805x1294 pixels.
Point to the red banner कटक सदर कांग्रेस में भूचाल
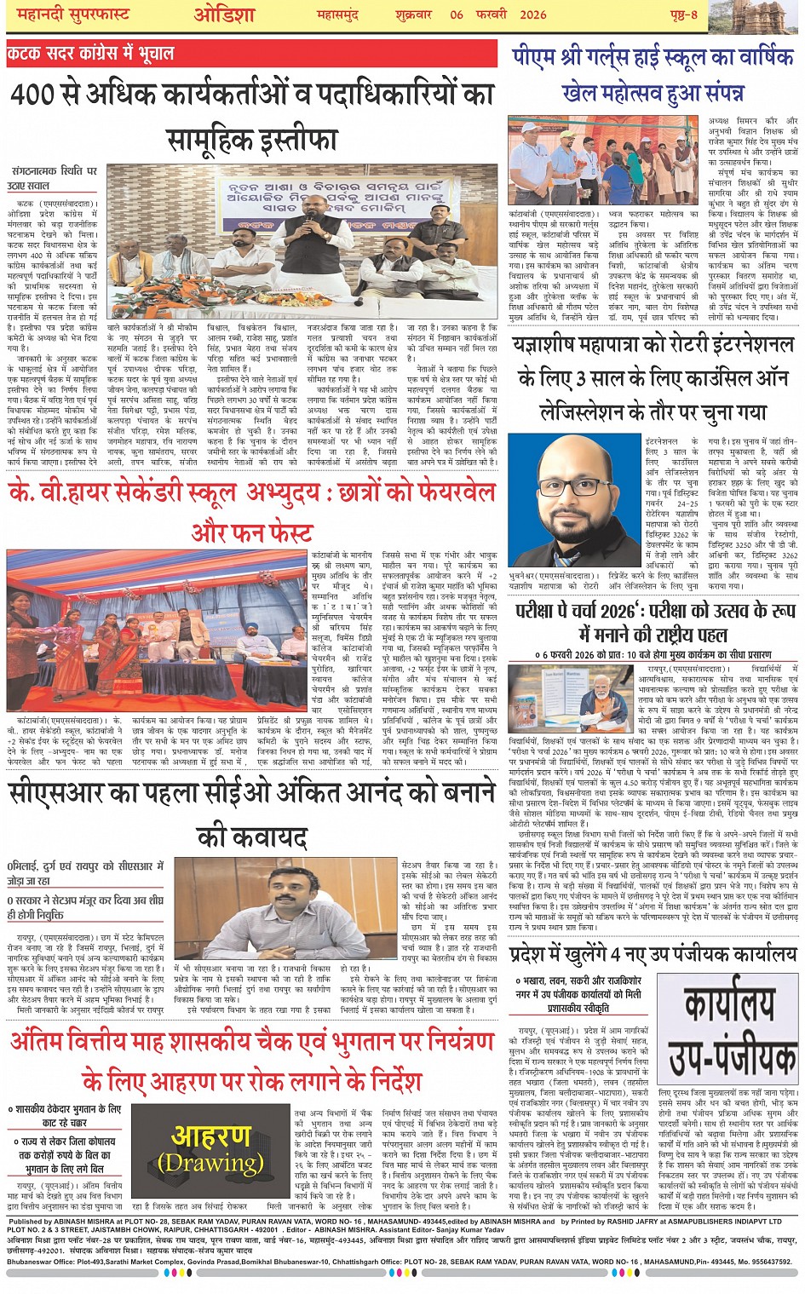point(90,53)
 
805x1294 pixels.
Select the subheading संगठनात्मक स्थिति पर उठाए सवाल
point(53,177)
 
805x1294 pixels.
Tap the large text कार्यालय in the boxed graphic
point(727,1006)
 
